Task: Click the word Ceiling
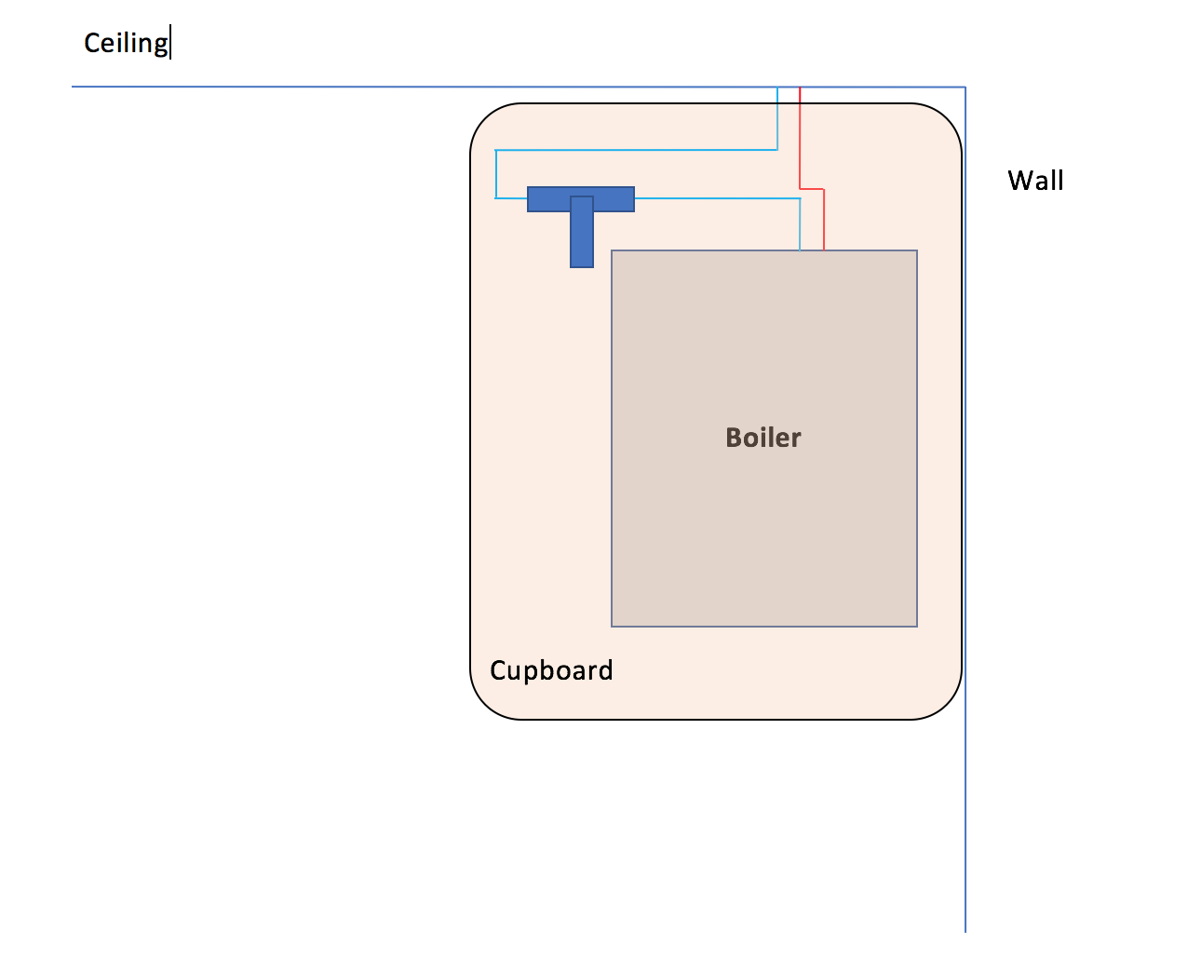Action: pyautogui.click(x=126, y=44)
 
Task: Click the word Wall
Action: pyautogui.click(x=1035, y=180)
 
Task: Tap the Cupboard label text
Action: pyautogui.click(x=551, y=670)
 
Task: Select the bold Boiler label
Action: pyautogui.click(x=762, y=438)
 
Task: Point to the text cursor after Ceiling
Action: pyautogui.click(x=171, y=44)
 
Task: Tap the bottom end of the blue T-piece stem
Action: pyautogui.click(x=582, y=265)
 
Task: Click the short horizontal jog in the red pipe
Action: pyautogui.click(x=812, y=189)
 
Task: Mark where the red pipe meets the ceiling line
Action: pyautogui.click(x=800, y=88)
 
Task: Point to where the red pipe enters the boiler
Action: pyautogui.click(x=824, y=250)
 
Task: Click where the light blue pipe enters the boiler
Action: pyautogui.click(x=800, y=250)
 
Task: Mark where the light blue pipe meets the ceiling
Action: pyautogui.click(x=777, y=88)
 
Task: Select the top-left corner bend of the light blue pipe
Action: pyautogui.click(x=496, y=150)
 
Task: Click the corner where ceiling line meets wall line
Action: pyautogui.click(x=965, y=88)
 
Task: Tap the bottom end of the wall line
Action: pyautogui.click(x=965, y=930)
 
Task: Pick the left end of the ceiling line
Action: pyautogui.click(x=74, y=88)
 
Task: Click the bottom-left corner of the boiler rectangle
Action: pyautogui.click(x=612, y=626)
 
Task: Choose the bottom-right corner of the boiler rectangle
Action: pyautogui.click(x=917, y=626)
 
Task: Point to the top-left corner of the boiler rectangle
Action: pyautogui.click(x=612, y=250)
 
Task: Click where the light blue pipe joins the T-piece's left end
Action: pyautogui.click(x=527, y=198)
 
